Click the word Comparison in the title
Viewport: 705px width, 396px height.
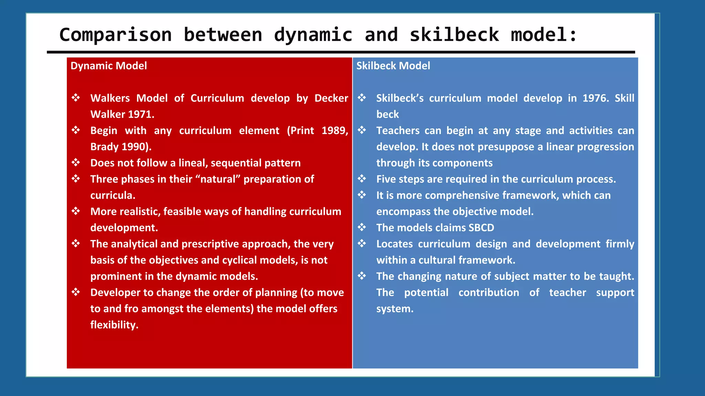(115, 35)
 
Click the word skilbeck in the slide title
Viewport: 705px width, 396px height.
(454, 35)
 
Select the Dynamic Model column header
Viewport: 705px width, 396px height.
(108, 66)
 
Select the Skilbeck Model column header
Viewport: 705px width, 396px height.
(393, 66)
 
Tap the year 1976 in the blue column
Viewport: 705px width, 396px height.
(594, 98)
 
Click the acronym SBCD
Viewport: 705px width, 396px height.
(481, 228)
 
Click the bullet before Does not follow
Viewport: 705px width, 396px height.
(76, 162)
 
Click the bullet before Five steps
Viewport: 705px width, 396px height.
(361, 178)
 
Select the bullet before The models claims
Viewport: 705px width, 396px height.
(361, 227)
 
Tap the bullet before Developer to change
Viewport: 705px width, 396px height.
(76, 292)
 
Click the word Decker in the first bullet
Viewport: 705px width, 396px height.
(331, 98)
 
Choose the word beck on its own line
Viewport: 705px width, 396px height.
(387, 114)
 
